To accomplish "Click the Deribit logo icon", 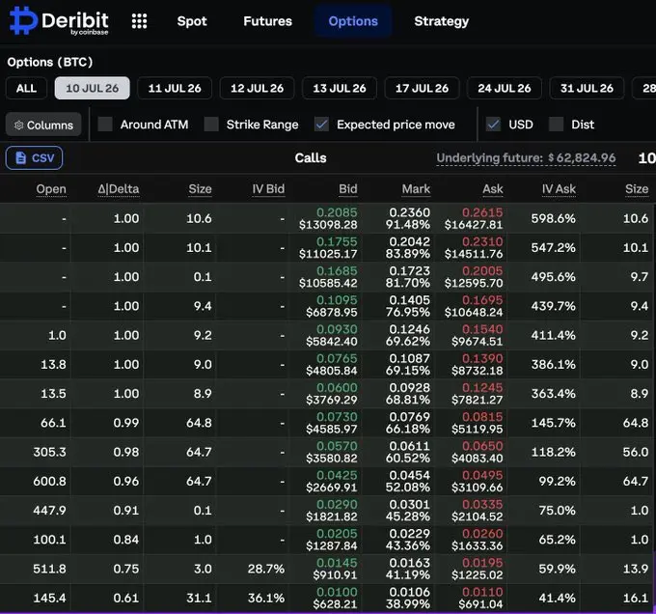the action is click(23, 20).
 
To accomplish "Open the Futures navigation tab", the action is click(268, 21).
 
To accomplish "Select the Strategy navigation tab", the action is click(442, 21).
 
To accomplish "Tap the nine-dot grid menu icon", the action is click(139, 21).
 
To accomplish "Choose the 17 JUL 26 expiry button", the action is click(422, 88).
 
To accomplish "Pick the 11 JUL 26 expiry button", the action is click(175, 88).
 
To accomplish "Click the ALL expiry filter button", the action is click(26, 88).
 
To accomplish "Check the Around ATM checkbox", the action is click(105, 125).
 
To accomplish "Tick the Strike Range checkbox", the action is click(211, 125).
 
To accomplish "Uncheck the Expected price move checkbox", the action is click(321, 125).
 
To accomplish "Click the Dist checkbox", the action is click(556, 125).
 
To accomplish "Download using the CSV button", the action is click(35, 157).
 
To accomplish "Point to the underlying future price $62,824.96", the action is click(582, 157).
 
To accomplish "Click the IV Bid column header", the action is click(268, 189).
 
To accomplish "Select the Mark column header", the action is click(416, 189).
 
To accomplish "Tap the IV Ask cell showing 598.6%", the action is click(553, 218).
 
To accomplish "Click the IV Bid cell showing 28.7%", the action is click(265, 569).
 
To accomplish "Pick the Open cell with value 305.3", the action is click(50, 452).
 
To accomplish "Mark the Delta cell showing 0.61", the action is click(126, 599).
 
